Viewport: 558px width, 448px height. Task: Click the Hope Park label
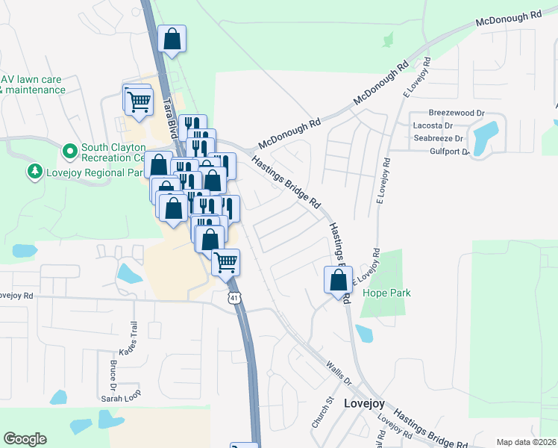click(x=386, y=293)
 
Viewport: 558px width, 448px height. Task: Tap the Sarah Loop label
click(x=121, y=399)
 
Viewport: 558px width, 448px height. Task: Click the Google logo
click(x=25, y=439)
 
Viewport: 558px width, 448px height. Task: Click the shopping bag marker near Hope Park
click(x=338, y=280)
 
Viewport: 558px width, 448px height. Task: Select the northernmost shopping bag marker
click(x=172, y=40)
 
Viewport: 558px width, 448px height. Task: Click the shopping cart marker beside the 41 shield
click(x=225, y=262)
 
